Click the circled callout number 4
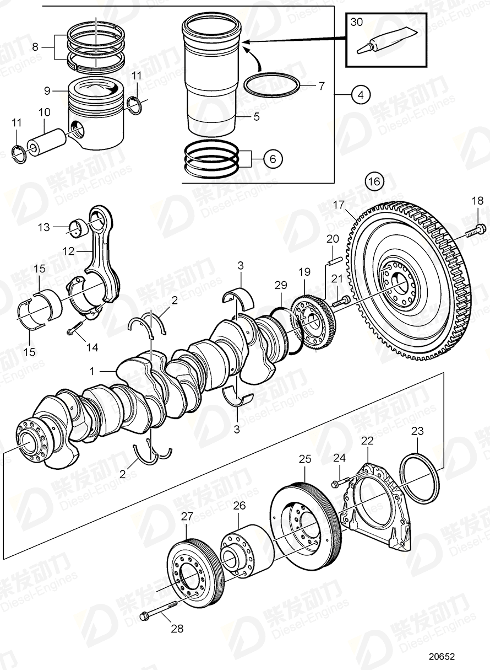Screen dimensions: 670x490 click(x=360, y=95)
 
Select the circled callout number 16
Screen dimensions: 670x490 click(x=374, y=181)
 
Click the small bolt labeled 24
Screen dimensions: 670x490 click(x=337, y=484)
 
